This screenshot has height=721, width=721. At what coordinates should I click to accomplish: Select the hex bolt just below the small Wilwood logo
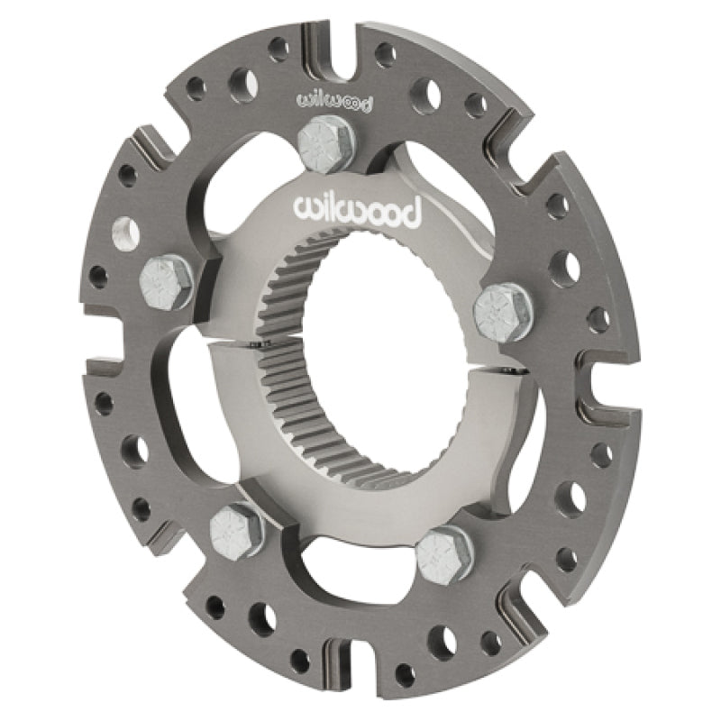click(x=325, y=145)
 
